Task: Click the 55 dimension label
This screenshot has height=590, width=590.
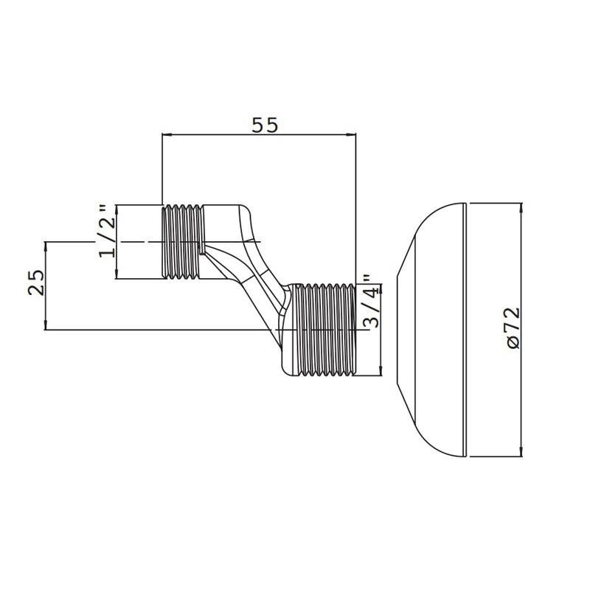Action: pos(265,125)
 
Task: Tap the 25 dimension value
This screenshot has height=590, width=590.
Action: pos(37,282)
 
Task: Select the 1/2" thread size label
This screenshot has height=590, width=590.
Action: pos(107,231)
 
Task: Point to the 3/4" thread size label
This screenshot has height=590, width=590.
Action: pos(370,301)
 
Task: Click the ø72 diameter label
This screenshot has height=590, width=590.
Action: pos(513,328)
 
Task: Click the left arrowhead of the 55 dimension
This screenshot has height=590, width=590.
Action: pos(166,134)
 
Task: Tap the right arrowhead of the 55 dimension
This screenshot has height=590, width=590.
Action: pos(352,134)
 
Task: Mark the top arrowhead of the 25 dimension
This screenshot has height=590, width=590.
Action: pos(46,246)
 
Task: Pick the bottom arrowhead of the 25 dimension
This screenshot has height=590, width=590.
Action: pos(46,325)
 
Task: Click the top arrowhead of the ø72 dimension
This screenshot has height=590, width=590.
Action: pos(521,208)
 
